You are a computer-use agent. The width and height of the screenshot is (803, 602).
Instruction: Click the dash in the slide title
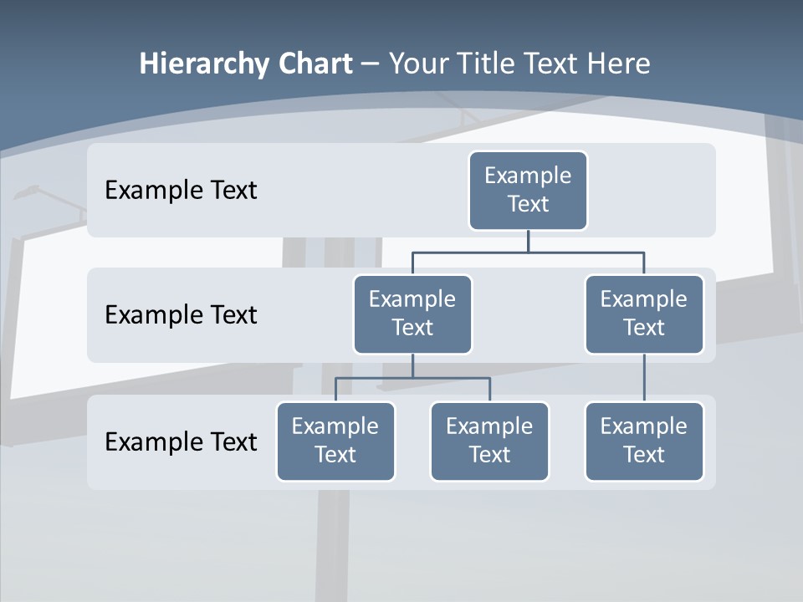[x=371, y=64]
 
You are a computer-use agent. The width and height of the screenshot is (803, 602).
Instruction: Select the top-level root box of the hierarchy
[x=528, y=190]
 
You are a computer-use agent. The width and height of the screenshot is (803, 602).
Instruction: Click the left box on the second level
[x=412, y=314]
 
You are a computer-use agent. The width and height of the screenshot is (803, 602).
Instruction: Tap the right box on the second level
[x=644, y=314]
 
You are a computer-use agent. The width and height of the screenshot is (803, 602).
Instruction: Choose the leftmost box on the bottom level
[x=335, y=441]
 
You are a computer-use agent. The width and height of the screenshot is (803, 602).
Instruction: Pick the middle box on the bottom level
[x=489, y=441]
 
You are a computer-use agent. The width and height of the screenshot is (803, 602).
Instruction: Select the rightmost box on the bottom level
[x=644, y=441]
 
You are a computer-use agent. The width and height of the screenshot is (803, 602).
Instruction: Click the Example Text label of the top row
[x=181, y=191]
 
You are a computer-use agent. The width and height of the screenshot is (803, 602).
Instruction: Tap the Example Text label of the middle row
[x=181, y=315]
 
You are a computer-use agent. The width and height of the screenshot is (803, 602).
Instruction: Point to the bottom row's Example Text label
[x=181, y=441]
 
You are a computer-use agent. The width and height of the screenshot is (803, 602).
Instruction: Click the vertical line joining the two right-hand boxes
[x=644, y=378]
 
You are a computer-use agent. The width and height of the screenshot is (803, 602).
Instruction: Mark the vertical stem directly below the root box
[x=528, y=241]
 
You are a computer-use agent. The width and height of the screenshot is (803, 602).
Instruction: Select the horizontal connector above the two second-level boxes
[x=528, y=252]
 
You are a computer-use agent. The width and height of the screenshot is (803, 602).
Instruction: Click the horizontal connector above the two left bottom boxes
[x=412, y=378]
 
